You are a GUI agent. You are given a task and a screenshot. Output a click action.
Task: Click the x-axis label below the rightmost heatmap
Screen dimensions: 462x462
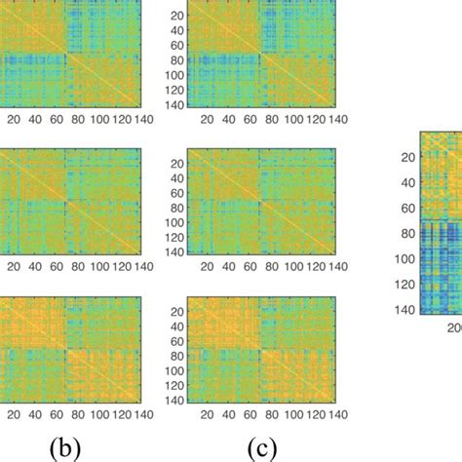pyautogui.click(x=454, y=328)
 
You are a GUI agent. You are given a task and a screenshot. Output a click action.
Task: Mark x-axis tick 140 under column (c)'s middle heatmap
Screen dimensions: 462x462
pyautogui.click(x=335, y=266)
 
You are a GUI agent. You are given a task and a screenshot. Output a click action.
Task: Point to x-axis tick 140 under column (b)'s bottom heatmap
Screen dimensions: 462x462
pyautogui.click(x=143, y=414)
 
